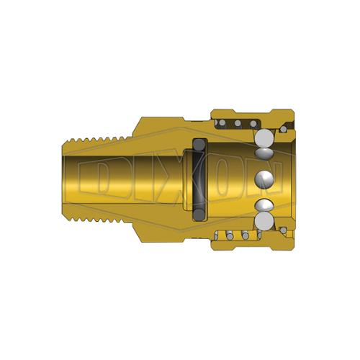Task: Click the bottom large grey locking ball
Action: click(x=264, y=221)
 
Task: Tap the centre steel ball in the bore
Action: click(x=265, y=179)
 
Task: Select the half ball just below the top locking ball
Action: click(x=264, y=153)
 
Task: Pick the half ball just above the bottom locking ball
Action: click(x=264, y=205)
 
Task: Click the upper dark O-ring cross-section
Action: click(x=199, y=145)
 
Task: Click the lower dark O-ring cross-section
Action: click(x=199, y=214)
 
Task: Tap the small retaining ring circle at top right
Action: click(x=284, y=130)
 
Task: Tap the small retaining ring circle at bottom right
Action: click(x=284, y=230)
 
